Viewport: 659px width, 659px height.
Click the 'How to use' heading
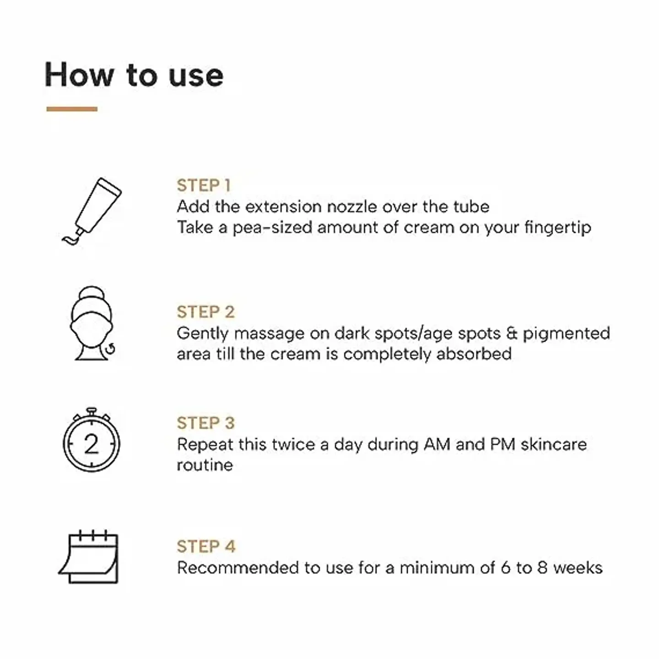point(134,75)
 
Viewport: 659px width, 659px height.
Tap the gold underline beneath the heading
point(72,109)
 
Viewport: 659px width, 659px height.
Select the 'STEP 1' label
point(204,185)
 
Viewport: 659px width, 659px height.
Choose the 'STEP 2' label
point(205,312)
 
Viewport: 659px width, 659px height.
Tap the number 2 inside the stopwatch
point(92,443)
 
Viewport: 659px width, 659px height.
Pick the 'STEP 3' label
point(205,423)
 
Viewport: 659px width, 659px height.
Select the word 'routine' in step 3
point(205,465)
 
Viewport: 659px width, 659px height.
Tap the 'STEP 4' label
point(206,546)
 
